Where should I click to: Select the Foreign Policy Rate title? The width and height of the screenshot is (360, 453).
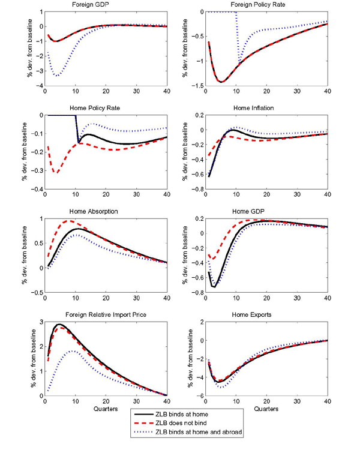click(265, 5)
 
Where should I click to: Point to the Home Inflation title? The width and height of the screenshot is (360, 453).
click(265, 109)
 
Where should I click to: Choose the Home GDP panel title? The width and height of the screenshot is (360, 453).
click(265, 212)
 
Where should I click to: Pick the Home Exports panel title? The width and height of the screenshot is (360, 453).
click(265, 315)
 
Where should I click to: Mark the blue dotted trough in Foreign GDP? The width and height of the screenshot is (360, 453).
click(56, 76)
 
